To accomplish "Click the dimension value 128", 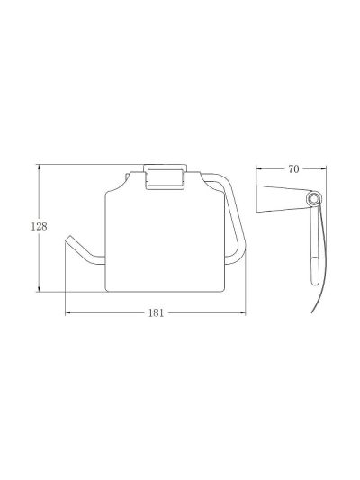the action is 40,227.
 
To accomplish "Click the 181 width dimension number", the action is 156,313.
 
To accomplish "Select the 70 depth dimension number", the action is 293,169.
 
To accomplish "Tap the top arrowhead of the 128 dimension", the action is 39,168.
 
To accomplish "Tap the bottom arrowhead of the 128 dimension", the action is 39,289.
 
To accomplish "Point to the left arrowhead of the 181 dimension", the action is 68,312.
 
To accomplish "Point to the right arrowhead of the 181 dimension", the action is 242,312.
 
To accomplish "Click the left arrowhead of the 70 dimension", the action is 259,168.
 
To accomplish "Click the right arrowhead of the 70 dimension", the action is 323,168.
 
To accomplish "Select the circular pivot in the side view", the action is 312,199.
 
